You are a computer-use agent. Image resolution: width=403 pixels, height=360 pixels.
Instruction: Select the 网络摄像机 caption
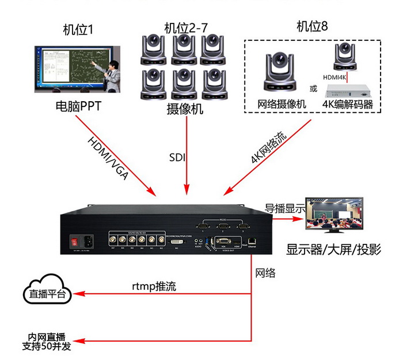coord(282,104)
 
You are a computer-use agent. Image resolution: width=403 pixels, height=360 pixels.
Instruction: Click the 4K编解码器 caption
coord(348,104)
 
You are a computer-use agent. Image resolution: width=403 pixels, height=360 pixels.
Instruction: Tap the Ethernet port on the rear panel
coord(252,242)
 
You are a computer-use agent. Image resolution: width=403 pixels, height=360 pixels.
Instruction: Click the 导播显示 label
coord(285,208)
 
